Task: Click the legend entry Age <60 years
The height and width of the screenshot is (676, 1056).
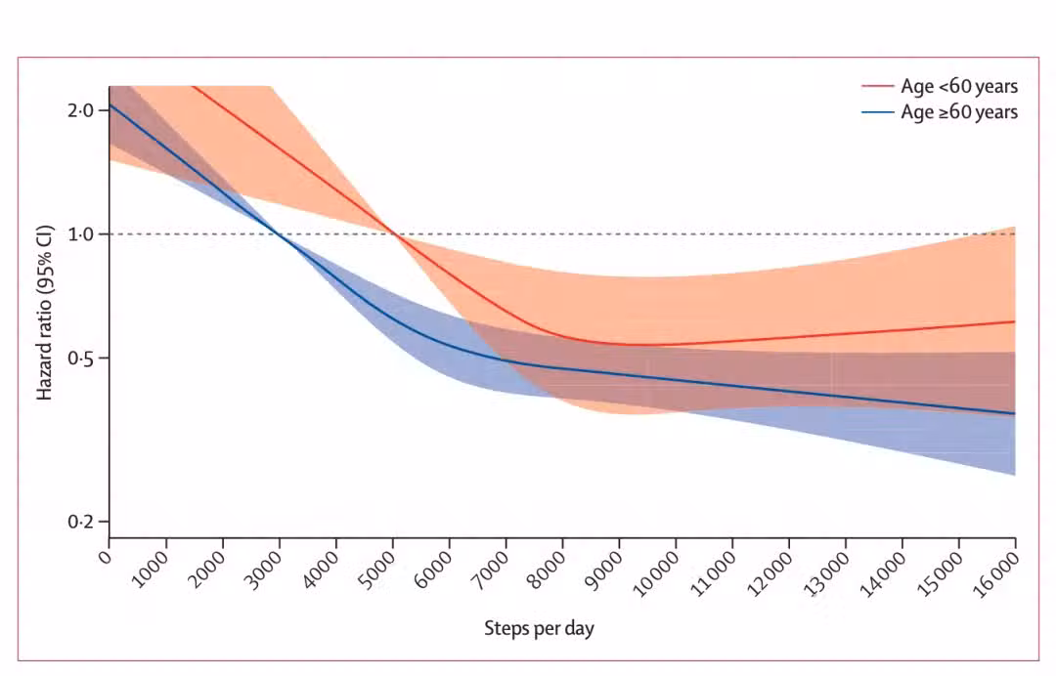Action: pos(958,87)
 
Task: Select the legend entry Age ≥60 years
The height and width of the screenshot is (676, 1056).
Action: pos(958,112)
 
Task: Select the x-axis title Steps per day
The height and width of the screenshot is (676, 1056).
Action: pos(539,628)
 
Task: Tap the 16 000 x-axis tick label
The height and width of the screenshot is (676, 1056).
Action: pos(998,572)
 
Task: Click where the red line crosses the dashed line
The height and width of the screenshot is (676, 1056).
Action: pos(393,234)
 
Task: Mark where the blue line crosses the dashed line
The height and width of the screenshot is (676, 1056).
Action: pos(280,234)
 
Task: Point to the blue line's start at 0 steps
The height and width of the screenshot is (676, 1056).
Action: pos(110,105)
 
